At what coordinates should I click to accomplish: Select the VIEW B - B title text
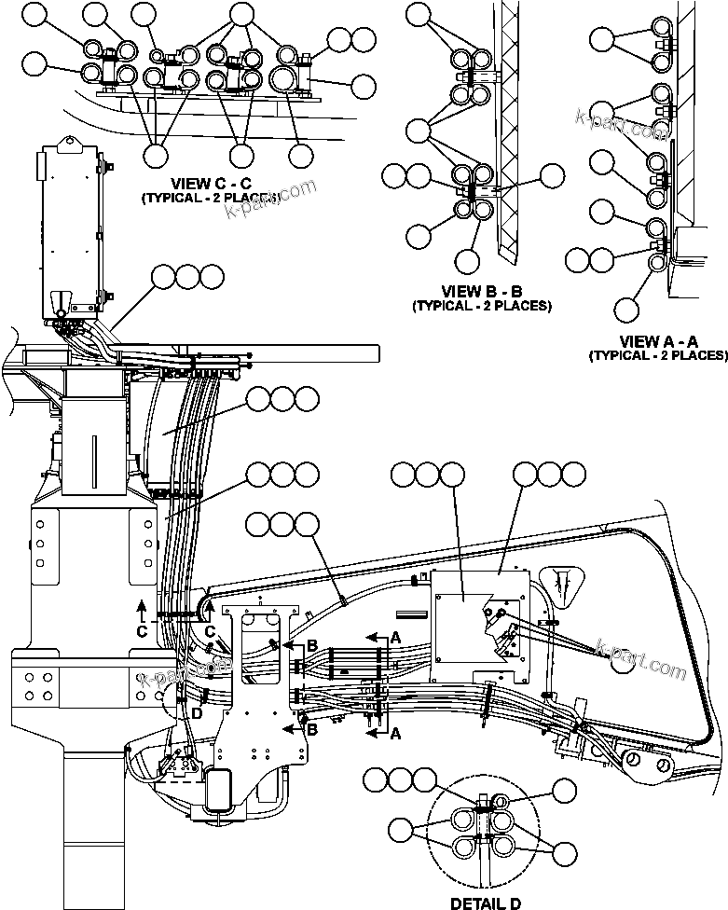coord(481,292)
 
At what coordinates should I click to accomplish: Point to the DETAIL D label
coord(486,903)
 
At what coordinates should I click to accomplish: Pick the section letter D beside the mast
coord(197,711)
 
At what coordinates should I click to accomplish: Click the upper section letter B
coord(313,644)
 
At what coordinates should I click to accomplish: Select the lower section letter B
coord(313,729)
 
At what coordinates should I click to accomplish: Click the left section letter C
coord(141,630)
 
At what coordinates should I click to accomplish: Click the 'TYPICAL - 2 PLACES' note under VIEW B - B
coord(481,306)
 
